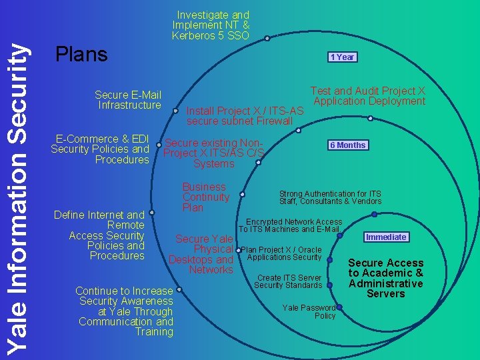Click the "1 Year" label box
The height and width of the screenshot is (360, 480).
[x=342, y=57]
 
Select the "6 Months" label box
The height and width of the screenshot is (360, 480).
[x=348, y=145]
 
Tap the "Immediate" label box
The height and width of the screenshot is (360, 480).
[x=386, y=237]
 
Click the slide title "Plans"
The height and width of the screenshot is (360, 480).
[x=82, y=55]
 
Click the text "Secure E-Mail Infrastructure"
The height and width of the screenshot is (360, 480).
[x=128, y=100]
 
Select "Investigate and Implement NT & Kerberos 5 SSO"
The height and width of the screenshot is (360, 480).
[x=211, y=25]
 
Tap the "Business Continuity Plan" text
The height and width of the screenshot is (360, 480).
[x=205, y=197]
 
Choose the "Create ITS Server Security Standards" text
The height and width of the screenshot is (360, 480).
[x=288, y=281]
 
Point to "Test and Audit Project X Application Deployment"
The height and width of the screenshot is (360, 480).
[x=368, y=96]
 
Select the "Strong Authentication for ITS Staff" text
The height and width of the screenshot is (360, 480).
[x=330, y=197]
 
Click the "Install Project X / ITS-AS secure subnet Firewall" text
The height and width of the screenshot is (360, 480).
[x=245, y=115]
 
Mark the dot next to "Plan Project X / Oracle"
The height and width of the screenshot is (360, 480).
[x=238, y=250]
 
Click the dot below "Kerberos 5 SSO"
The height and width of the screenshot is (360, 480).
[x=267, y=39]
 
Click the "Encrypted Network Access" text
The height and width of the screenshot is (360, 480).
[x=293, y=222]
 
